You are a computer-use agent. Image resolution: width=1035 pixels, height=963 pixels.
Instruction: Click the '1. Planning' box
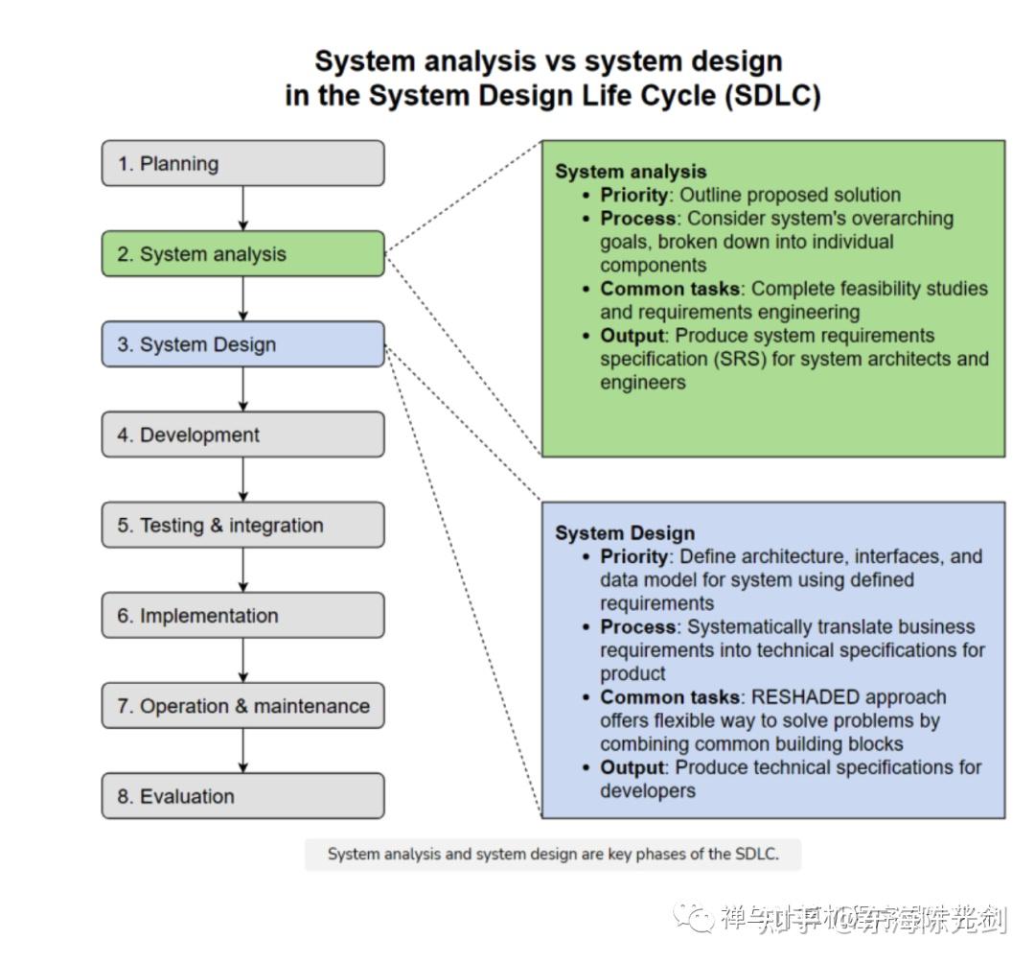242,163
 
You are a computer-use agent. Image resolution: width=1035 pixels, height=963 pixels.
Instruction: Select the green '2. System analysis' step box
242,254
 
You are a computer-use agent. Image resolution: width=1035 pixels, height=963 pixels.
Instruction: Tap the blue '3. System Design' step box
242,344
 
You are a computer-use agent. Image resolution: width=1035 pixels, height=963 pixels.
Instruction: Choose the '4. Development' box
242,435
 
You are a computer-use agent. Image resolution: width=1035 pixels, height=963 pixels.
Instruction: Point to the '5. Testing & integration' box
242,525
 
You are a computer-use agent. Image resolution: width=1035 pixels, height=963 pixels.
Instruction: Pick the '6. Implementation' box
242,616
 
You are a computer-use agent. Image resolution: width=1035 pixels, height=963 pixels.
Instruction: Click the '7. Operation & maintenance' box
242,706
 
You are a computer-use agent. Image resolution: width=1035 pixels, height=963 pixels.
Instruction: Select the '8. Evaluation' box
242,796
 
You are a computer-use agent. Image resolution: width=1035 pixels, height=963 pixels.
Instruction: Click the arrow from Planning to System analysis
243,208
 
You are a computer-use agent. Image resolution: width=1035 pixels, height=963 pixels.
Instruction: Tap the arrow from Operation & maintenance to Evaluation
243,751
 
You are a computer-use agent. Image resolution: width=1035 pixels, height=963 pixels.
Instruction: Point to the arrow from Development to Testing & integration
243,480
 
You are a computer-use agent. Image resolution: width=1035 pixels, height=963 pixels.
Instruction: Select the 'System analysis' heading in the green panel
631,172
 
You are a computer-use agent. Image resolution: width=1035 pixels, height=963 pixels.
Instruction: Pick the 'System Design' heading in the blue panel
625,533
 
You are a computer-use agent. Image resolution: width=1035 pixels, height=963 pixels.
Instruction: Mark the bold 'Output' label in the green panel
632,336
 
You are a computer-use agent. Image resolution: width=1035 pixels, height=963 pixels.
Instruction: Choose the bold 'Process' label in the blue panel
638,627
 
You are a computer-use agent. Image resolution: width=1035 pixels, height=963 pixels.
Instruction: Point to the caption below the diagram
553,855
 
